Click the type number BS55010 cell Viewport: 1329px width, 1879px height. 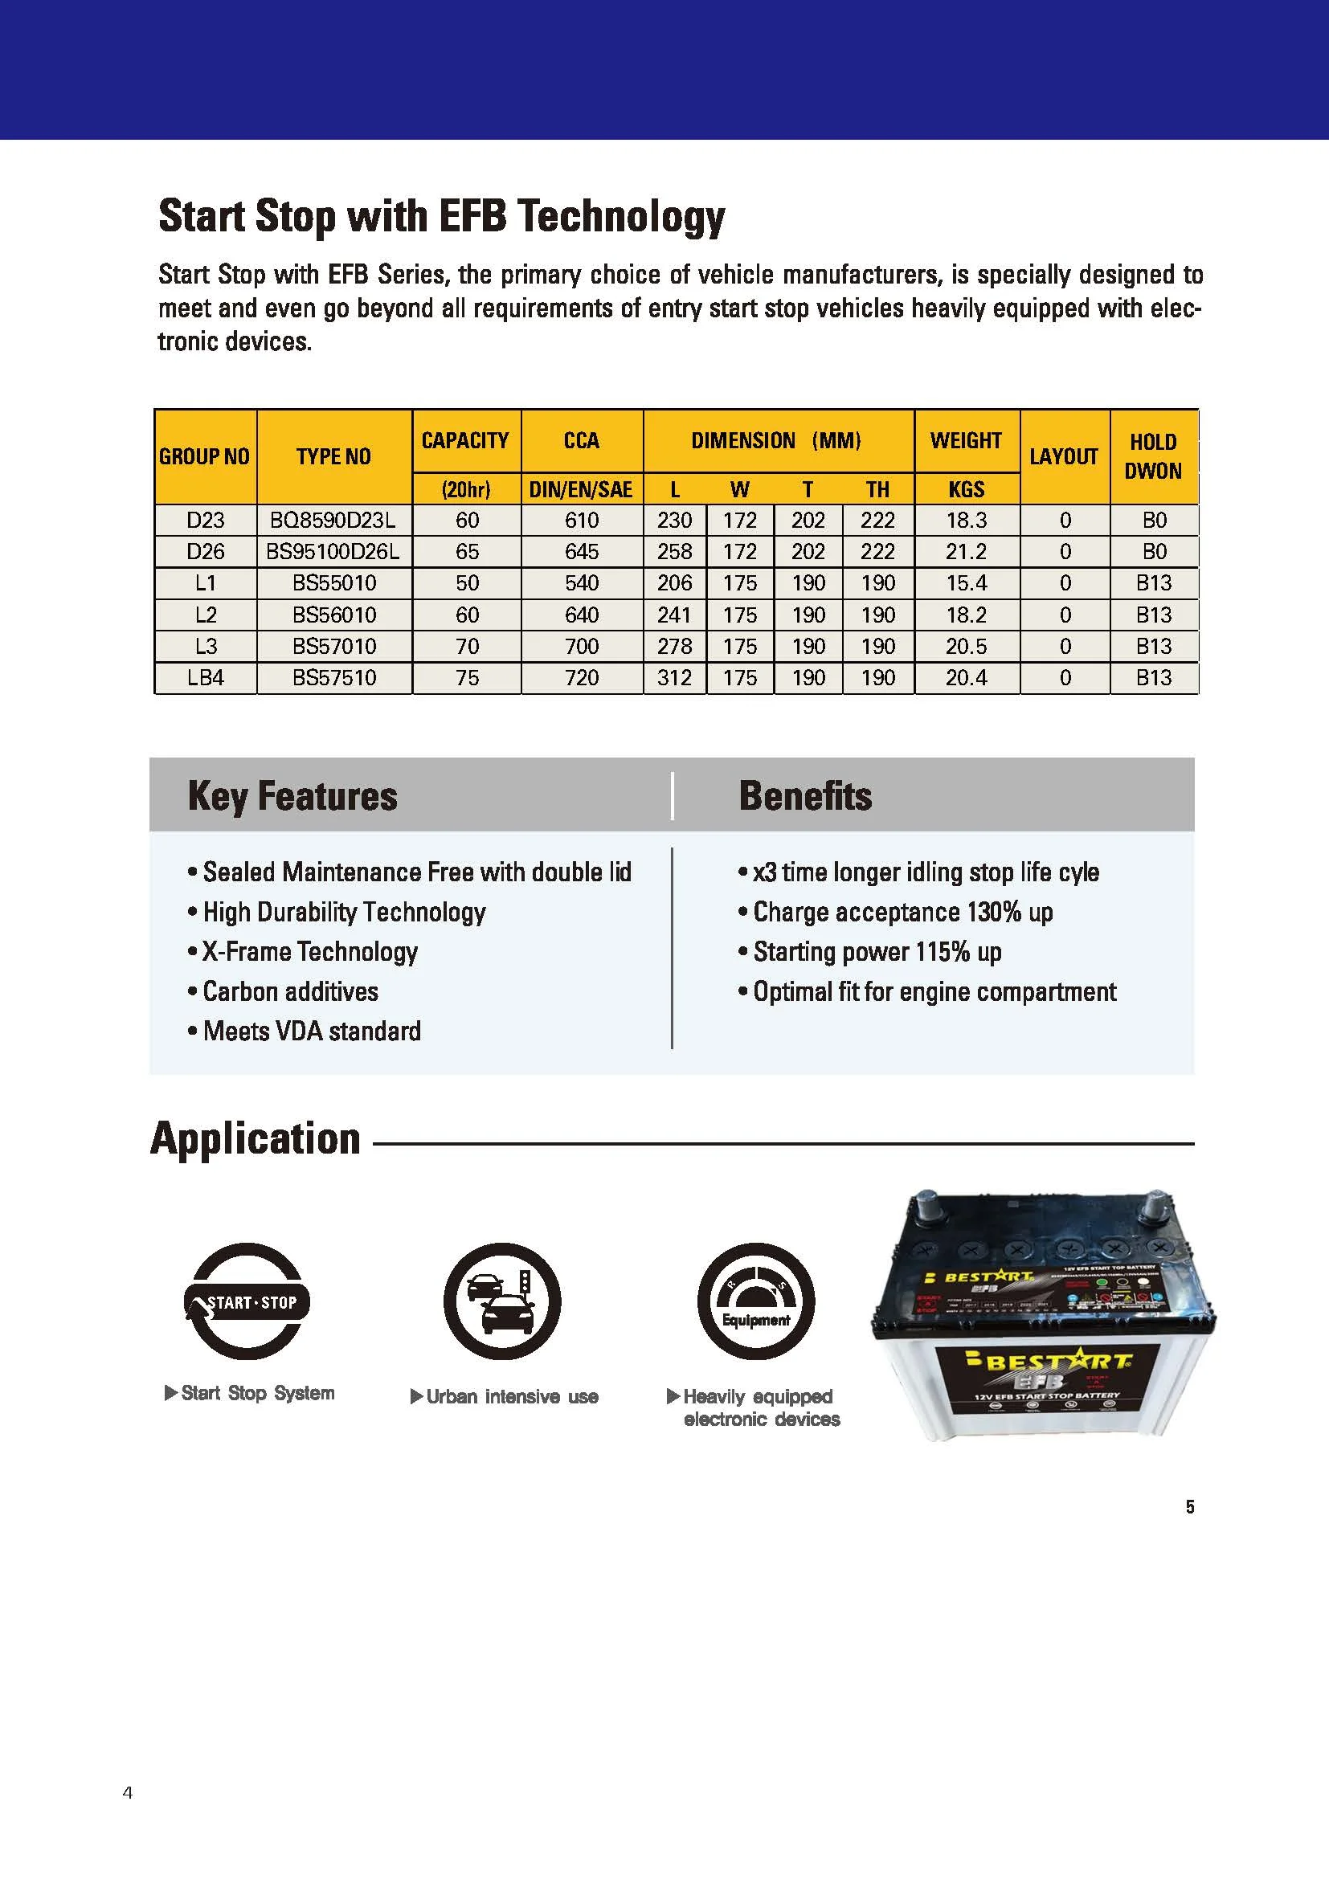tap(334, 582)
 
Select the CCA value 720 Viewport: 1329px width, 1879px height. tap(581, 678)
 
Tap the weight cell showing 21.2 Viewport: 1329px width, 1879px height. tap(966, 552)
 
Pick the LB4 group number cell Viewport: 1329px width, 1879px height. tap(205, 678)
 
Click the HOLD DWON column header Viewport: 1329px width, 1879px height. tap(1153, 456)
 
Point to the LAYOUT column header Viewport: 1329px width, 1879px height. tap(1063, 456)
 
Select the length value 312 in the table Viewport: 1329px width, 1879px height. tap(674, 678)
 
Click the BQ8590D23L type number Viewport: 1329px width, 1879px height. tap(333, 521)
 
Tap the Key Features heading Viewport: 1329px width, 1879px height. tap(292, 796)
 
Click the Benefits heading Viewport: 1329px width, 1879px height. tap(805, 796)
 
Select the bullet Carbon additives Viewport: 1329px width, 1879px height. tap(290, 992)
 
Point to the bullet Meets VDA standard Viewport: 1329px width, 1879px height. tap(311, 1031)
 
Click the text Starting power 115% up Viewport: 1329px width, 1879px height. tap(877, 952)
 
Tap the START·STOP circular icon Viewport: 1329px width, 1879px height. tap(247, 1302)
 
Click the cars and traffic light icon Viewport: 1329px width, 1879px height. tap(501, 1301)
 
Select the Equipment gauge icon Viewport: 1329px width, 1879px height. tap(755, 1301)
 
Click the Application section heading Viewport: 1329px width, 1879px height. tap(256, 1138)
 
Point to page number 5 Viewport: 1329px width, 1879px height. tap(1189, 1506)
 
